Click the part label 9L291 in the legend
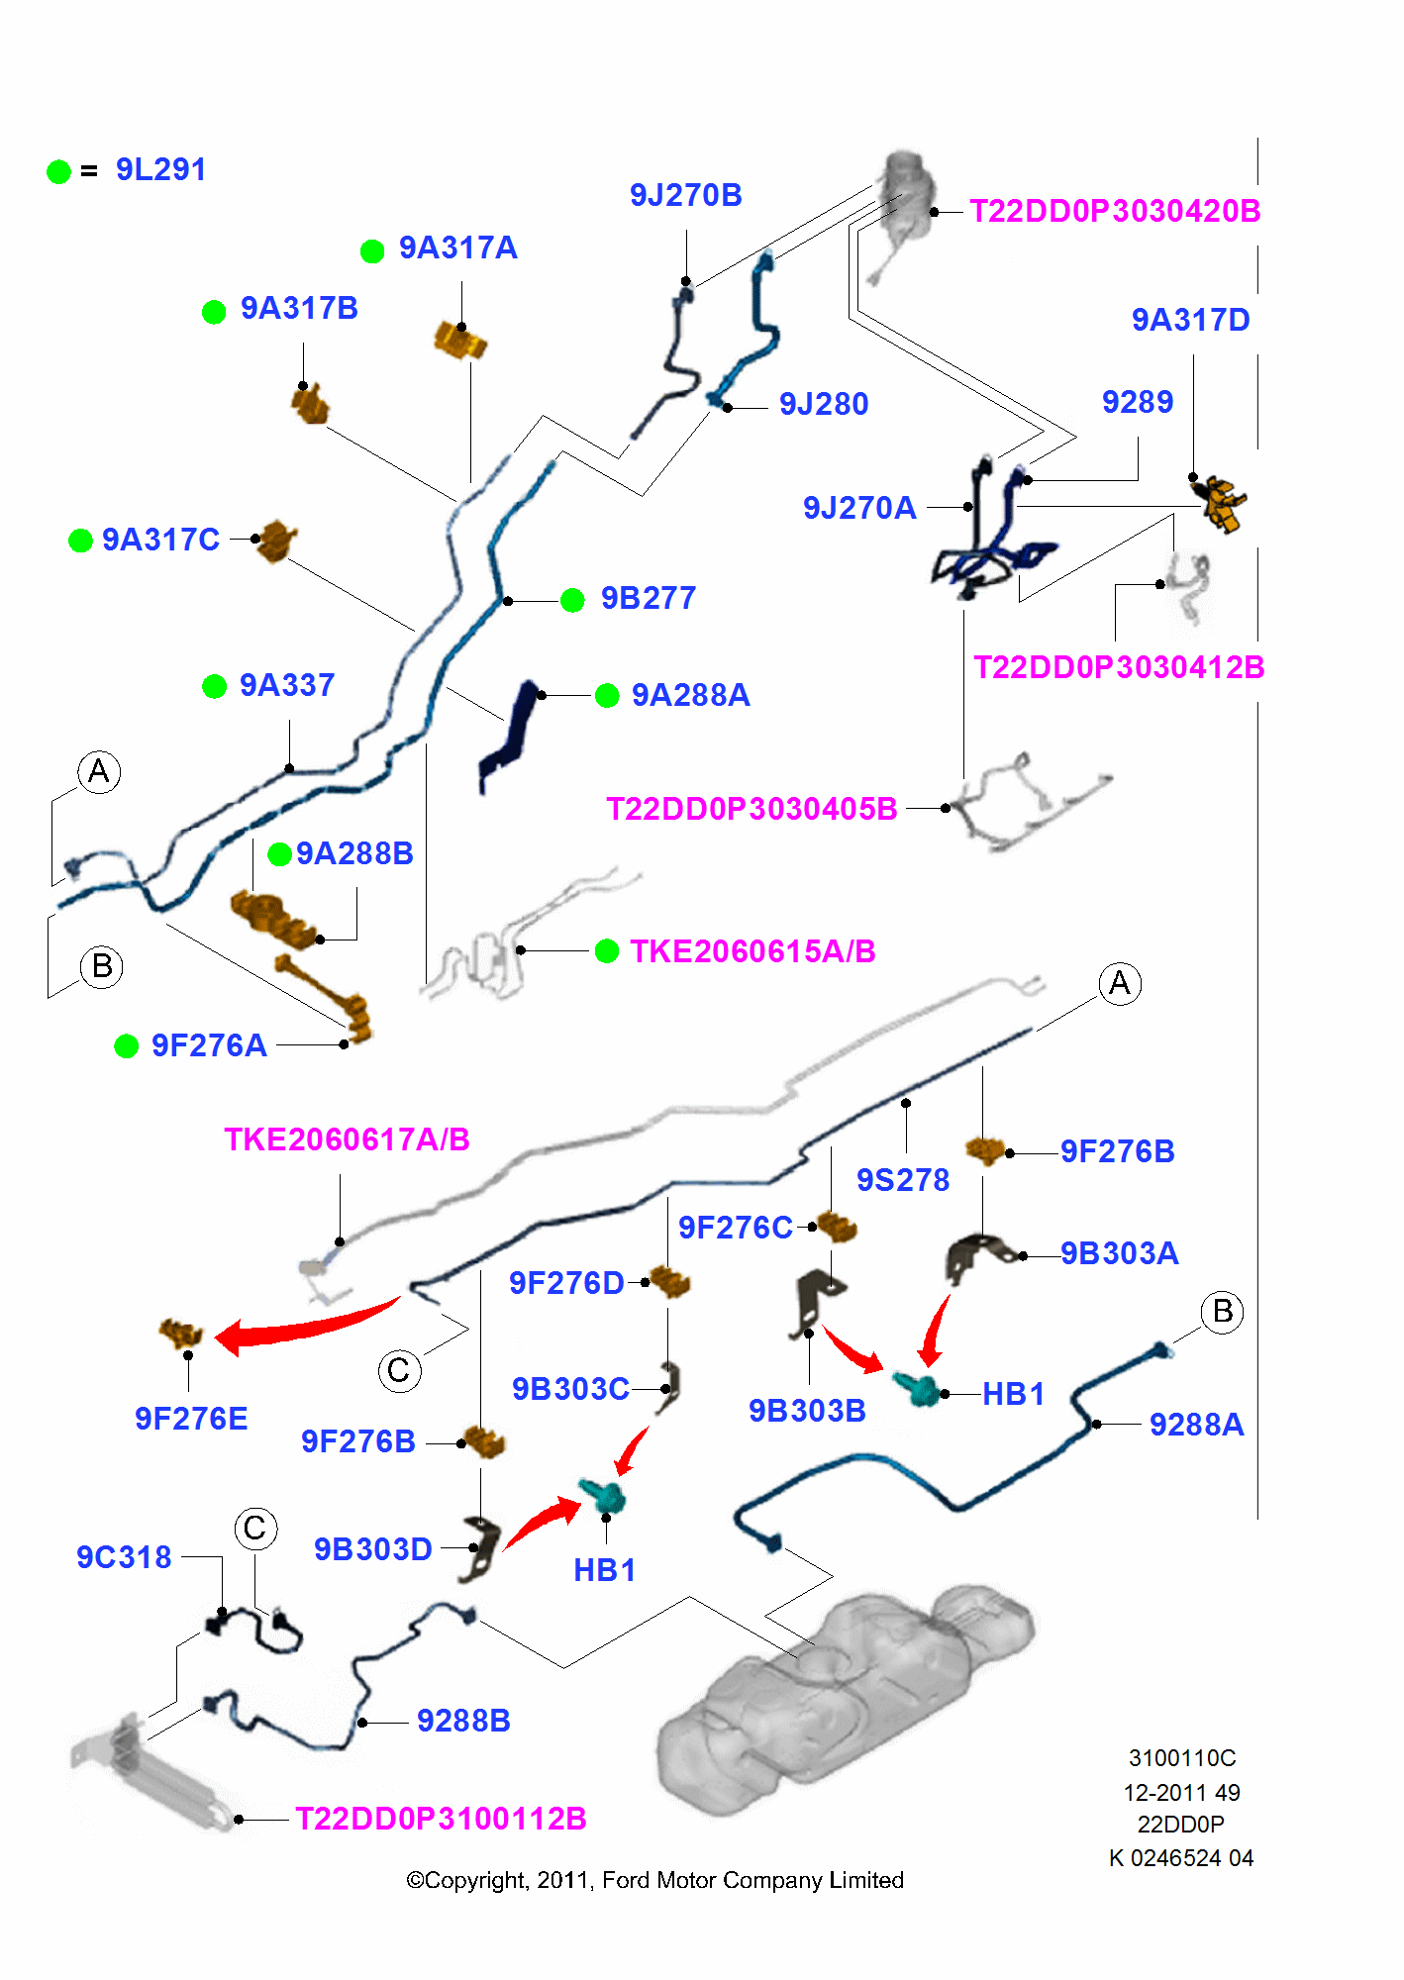coord(160,170)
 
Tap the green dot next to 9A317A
coord(372,251)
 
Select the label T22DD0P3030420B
coord(1114,212)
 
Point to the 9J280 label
coord(823,405)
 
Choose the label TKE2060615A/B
coord(752,952)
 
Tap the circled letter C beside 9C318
coord(255,1529)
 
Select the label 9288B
coord(463,1722)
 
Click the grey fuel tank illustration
coord(842,1693)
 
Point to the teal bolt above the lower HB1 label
coord(603,1496)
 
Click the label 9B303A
coord(1119,1254)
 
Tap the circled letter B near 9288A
coord(1222,1312)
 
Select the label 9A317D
coord(1190,321)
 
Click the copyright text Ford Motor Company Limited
coord(752,1880)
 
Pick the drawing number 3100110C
coord(1181,1758)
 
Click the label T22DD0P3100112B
coord(441,1820)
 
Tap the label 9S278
coord(902,1181)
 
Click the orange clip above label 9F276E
coord(180,1333)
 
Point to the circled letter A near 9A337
coord(99,771)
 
